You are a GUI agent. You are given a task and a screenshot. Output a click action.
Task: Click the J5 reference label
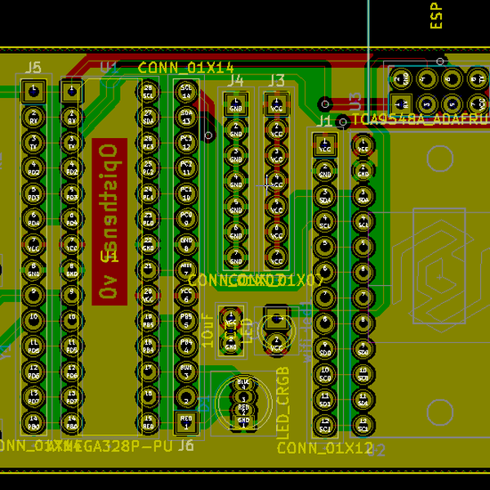pyautogui.click(x=33, y=68)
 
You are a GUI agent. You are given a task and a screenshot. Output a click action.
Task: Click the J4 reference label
pyautogui.click(x=235, y=80)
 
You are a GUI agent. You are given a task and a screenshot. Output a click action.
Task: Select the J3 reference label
pyautogui.click(x=277, y=80)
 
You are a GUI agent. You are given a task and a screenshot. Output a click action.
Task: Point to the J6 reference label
pyautogui.click(x=185, y=445)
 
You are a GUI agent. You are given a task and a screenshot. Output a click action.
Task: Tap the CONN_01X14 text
pyautogui.click(x=186, y=67)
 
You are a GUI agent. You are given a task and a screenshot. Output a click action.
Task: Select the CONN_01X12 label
pyautogui.click(x=324, y=448)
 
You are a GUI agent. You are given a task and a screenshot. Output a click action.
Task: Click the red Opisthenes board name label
pyautogui.click(x=109, y=221)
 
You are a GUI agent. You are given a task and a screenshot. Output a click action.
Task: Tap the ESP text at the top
pyautogui.click(x=437, y=16)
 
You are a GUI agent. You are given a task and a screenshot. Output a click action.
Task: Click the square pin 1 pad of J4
pyautogui.click(x=236, y=104)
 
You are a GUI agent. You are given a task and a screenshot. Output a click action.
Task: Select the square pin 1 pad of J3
pyautogui.click(x=277, y=104)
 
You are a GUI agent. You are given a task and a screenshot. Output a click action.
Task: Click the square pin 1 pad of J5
pyautogui.click(x=33, y=91)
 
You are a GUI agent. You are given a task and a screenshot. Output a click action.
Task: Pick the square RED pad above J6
pyautogui.click(x=186, y=422)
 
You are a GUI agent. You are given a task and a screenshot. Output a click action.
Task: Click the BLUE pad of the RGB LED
pyautogui.click(x=243, y=382)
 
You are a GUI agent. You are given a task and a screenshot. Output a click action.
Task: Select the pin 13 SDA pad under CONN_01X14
pyautogui.click(x=186, y=116)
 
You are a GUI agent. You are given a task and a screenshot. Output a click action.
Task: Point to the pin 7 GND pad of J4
pyautogui.click(x=236, y=258)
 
